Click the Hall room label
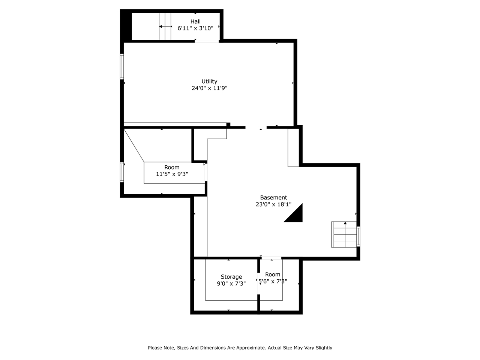pyautogui.click(x=195, y=21)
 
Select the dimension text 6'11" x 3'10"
pyautogui.click(x=195, y=28)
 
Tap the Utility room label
pyautogui.click(x=209, y=81)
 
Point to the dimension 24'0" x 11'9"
pyautogui.click(x=209, y=88)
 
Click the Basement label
pyautogui.click(x=273, y=198)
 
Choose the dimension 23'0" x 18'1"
pyautogui.click(x=273, y=204)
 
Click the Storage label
pyautogui.click(x=231, y=277)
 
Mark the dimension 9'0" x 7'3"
pyautogui.click(x=231, y=283)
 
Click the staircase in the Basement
pyautogui.click(x=344, y=235)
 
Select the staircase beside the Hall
pyautogui.click(x=165, y=26)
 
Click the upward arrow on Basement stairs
pyautogui.click(x=345, y=224)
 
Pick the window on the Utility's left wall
pyautogui.click(x=122, y=66)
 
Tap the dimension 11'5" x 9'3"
pyautogui.click(x=172, y=174)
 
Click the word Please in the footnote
pyautogui.click(x=156, y=348)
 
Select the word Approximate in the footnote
pyautogui.click(x=248, y=348)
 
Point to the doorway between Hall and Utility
pyautogui.click(x=207, y=41)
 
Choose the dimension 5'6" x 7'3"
pyautogui.click(x=273, y=281)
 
